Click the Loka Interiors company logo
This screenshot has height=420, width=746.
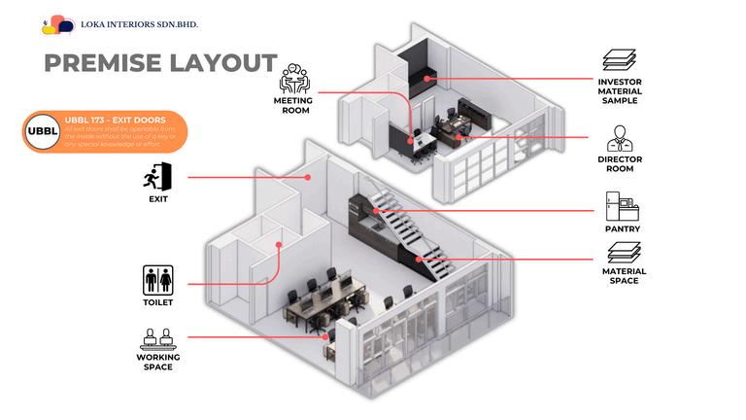[x=57, y=24]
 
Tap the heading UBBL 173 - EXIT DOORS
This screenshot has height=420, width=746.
[x=107, y=120]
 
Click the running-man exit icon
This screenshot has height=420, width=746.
[x=157, y=178]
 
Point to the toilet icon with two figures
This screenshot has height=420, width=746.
[x=157, y=280]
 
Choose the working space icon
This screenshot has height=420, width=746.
[x=157, y=338]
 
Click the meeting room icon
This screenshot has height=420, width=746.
[x=292, y=78]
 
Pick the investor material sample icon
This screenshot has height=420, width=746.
[x=620, y=59]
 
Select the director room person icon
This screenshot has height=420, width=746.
[x=620, y=138]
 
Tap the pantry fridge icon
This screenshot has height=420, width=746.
[x=620, y=206]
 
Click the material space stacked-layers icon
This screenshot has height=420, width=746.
[x=620, y=256]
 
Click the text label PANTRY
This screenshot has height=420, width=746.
[x=620, y=229]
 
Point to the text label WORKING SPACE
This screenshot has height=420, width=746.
[x=157, y=362]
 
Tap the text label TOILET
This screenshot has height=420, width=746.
[x=157, y=302]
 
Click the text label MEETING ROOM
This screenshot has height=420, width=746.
[x=291, y=104]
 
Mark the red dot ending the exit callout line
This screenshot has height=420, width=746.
[x=307, y=178]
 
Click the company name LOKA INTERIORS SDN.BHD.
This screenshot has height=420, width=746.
[x=128, y=24]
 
